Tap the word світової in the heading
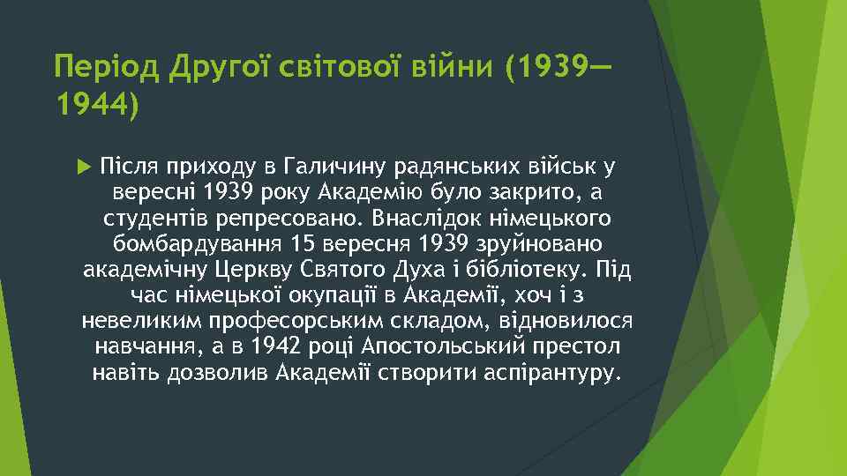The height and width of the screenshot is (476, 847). tap(326, 66)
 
